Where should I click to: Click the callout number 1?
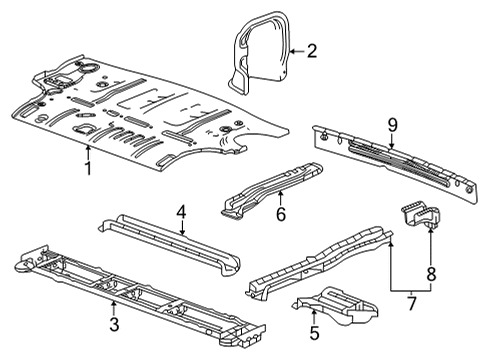tap(88, 169)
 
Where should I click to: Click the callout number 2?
tap(311, 49)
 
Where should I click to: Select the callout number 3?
tap(114, 324)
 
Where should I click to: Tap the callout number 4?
tap(181, 211)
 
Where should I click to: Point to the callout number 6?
tap(281, 213)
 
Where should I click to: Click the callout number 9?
tap(393, 124)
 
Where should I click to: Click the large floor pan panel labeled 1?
tap(150, 110)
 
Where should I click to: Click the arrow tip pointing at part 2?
tap(287, 49)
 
